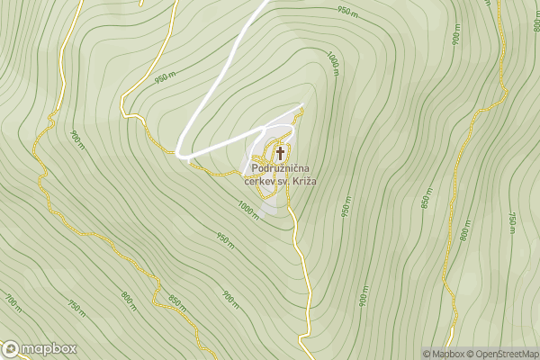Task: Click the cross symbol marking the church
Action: pyautogui.click(x=280, y=153)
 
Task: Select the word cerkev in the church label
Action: pyautogui.click(x=263, y=181)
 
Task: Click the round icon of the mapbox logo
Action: pyautogui.click(x=12, y=349)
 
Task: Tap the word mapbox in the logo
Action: pyautogui.click(x=49, y=349)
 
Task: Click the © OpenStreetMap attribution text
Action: pyautogui.click(x=505, y=354)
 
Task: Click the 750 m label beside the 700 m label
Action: pyautogui.click(x=76, y=308)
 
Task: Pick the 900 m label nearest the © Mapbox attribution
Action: pyautogui.click(x=364, y=294)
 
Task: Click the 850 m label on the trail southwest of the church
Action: pyautogui.click(x=177, y=302)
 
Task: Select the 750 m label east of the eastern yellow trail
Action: pyautogui.click(x=511, y=222)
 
